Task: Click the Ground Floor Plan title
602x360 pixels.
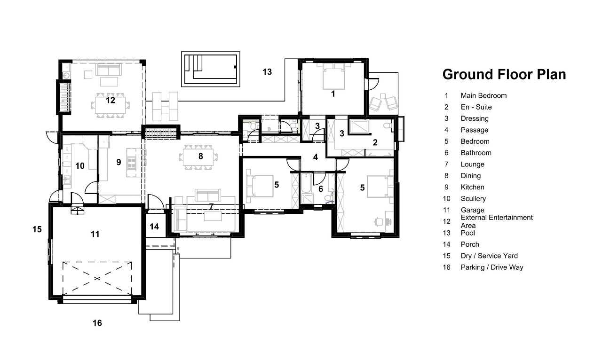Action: click(504, 74)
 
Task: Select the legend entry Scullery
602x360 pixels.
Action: click(473, 198)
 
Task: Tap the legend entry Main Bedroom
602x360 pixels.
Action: click(483, 96)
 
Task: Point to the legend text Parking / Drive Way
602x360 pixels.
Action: click(492, 267)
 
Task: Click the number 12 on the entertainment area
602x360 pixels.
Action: click(111, 100)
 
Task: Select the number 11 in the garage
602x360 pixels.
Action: click(95, 234)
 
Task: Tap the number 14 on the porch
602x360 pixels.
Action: click(154, 227)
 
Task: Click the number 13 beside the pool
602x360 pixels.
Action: click(267, 72)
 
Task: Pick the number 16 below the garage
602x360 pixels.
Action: click(97, 323)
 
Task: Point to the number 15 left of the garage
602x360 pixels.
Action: click(37, 229)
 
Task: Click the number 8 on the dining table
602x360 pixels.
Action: click(200, 156)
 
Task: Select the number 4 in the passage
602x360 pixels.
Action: click(316, 157)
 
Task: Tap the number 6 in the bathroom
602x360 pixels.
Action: click(321, 189)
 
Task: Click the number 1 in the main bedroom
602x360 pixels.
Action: click(333, 94)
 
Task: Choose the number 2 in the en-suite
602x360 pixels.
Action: click(375, 142)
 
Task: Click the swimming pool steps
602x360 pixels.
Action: click(193, 63)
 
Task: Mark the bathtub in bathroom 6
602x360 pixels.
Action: click(306, 183)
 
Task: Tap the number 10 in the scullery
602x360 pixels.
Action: click(80, 166)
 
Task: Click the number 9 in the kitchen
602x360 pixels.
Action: click(119, 162)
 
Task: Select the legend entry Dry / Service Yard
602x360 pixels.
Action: click(489, 256)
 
